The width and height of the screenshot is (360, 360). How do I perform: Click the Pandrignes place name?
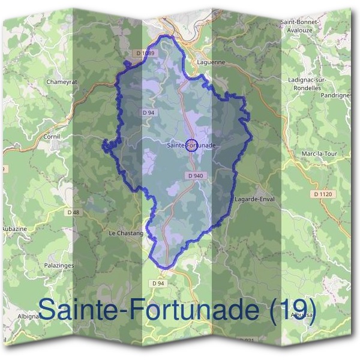coord(336,95)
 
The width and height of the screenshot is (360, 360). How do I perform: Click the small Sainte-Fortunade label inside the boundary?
coord(191,145)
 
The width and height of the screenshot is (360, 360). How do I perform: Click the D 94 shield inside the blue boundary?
coord(149,112)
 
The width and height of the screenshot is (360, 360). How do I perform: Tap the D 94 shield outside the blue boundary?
coord(158,283)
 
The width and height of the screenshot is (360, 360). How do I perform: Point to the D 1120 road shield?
coord(323,194)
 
